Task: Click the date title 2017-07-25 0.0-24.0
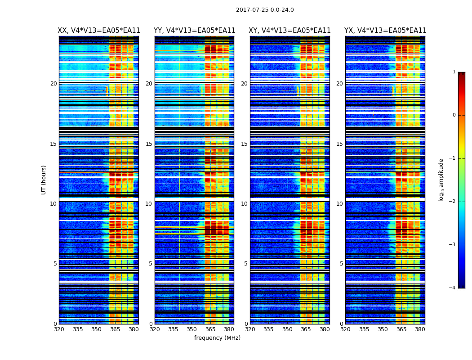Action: coord(265,10)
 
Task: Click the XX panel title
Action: coord(99,31)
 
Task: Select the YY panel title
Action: coord(194,31)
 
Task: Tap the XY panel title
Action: coord(289,31)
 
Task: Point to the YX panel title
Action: coord(385,31)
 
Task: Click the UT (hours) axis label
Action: coord(44,180)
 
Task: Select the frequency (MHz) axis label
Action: coord(217,338)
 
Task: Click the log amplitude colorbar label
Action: coord(441,180)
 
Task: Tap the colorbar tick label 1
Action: coord(454,72)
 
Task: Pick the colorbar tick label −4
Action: coord(453,288)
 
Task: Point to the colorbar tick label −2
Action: coord(453,202)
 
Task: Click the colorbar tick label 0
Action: coord(454,115)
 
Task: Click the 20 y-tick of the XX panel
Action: coord(53,84)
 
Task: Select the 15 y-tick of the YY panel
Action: coord(149,144)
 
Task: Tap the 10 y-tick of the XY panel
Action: coord(244,204)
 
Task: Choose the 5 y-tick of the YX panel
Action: coord(341,264)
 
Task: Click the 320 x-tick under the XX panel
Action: coord(59,329)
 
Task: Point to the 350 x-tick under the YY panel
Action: coord(192,329)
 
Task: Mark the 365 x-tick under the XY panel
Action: coord(306,329)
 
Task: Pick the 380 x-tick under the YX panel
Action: coord(420,329)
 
